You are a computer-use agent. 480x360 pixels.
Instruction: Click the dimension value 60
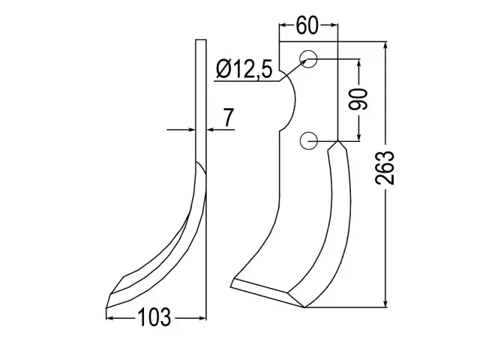pos(307,25)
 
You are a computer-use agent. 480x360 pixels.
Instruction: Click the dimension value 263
pos(385,168)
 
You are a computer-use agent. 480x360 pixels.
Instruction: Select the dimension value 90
pos(358,99)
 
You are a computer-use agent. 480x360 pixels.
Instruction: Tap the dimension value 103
pos(154,317)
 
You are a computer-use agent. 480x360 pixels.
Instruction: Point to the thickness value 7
pos(228,117)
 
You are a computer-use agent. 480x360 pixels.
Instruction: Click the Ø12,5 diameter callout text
pos(244,69)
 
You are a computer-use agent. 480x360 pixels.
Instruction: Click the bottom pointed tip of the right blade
pos(305,307)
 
